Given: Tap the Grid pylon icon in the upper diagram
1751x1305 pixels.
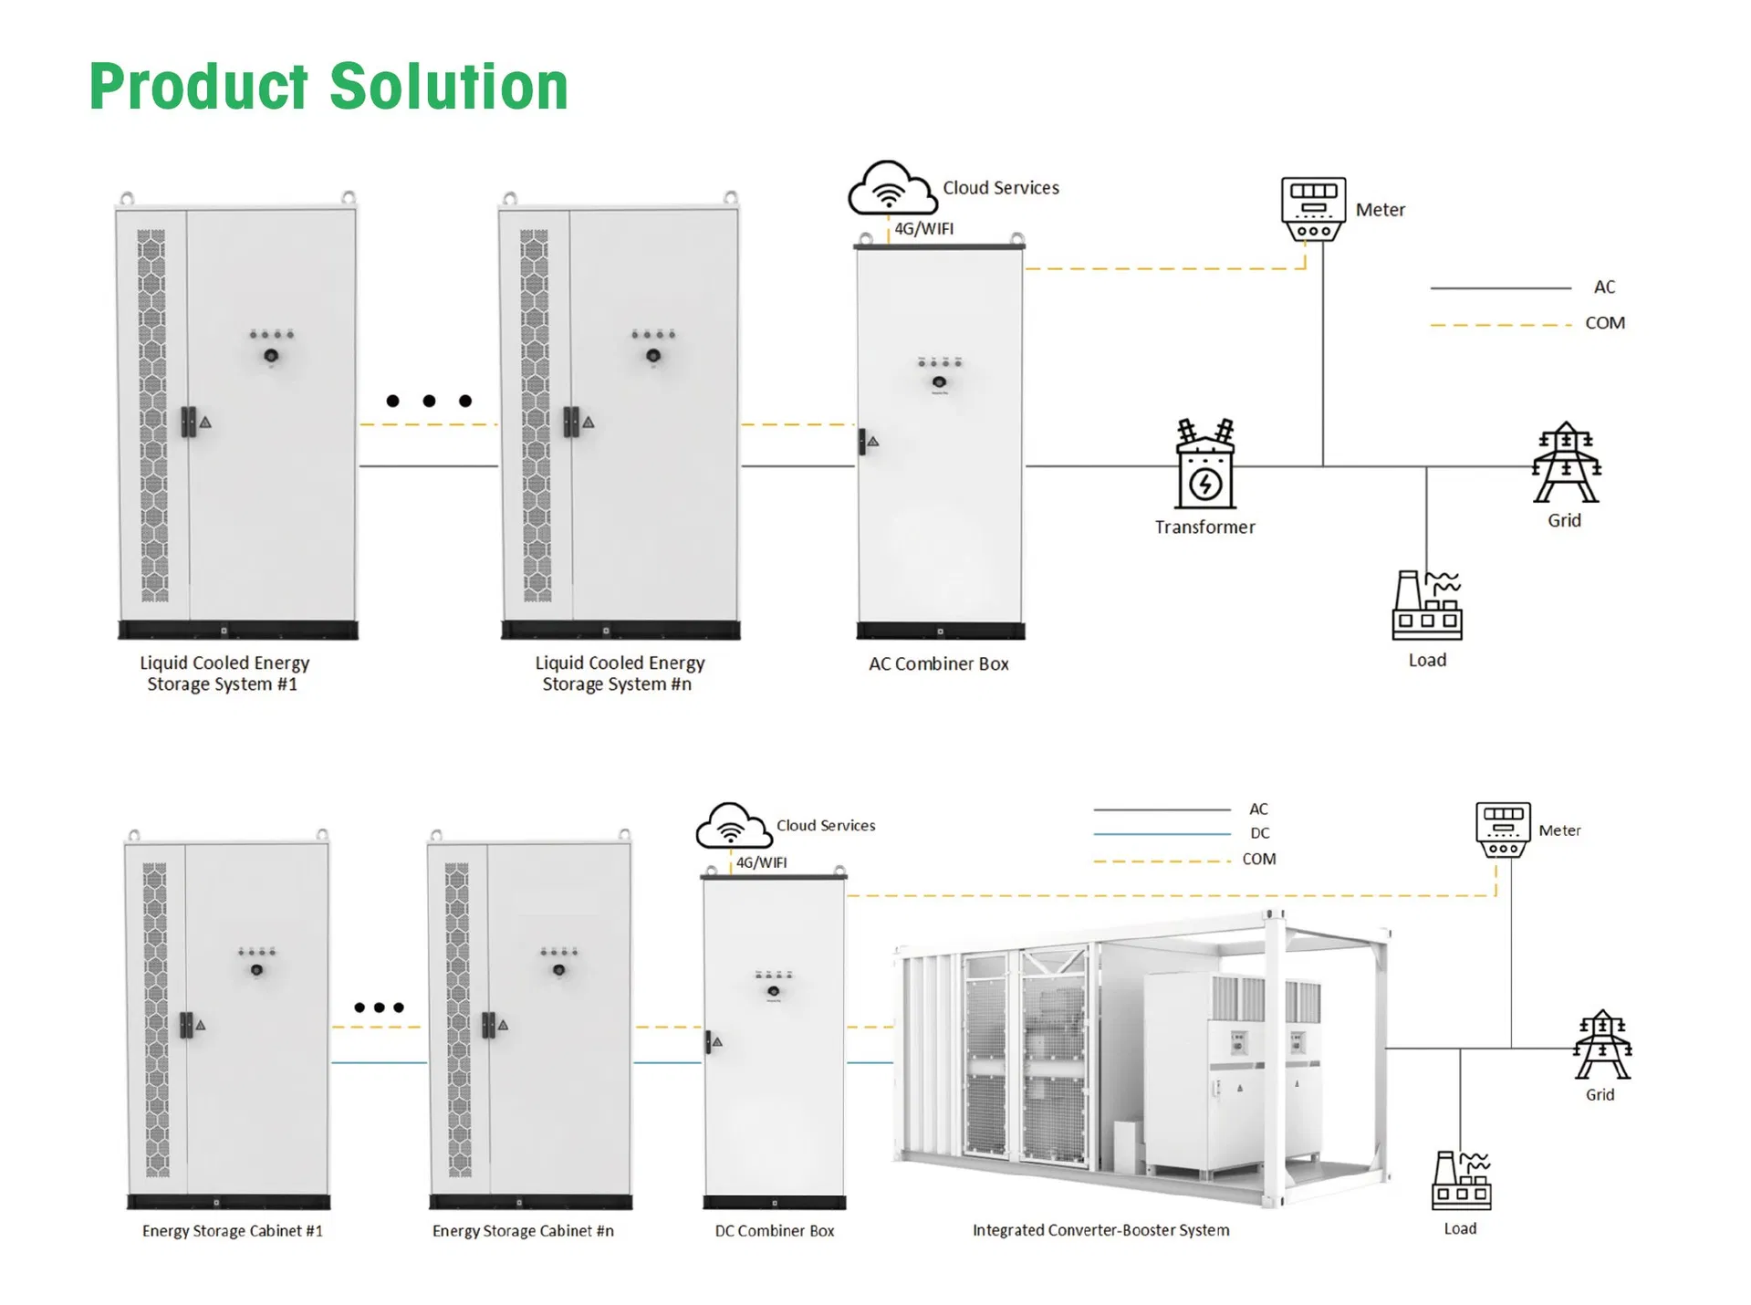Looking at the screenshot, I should pyautogui.click(x=1566, y=463).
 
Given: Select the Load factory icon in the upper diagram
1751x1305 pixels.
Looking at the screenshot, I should pyautogui.click(x=1427, y=606).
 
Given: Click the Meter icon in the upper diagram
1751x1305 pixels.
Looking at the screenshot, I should pyautogui.click(x=1313, y=209).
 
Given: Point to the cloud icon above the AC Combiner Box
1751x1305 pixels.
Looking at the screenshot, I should pyautogui.click(x=890, y=188).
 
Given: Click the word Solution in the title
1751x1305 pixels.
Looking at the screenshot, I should pyautogui.click(x=448, y=87).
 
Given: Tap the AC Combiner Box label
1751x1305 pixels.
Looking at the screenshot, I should pyautogui.click(x=938, y=664).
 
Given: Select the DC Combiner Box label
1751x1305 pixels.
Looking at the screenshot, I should pyautogui.click(x=774, y=1231).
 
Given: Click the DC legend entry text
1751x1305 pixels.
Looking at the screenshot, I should pyautogui.click(x=1259, y=833).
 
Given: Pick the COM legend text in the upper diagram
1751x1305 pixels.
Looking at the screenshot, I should pyautogui.click(x=1604, y=323).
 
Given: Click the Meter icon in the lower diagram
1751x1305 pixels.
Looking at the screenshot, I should pyautogui.click(x=1503, y=830).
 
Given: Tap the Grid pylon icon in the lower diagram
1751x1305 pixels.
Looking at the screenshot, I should pyautogui.click(x=1601, y=1046).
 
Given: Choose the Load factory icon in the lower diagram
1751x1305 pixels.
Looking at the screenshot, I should pyautogui.click(x=1461, y=1181).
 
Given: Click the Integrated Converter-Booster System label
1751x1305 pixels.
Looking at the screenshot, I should pyautogui.click(x=1100, y=1230).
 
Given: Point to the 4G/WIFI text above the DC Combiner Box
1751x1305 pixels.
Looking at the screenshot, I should pyautogui.click(x=761, y=862).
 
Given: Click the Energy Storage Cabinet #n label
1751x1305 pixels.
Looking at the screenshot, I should pyautogui.click(x=523, y=1231).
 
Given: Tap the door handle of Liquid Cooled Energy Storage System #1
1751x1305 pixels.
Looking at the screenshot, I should pyautogui.click(x=188, y=422).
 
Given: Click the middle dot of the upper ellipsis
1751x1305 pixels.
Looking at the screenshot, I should pyautogui.click(x=429, y=401).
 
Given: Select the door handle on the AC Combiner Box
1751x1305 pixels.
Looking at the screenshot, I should pyautogui.click(x=862, y=442).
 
